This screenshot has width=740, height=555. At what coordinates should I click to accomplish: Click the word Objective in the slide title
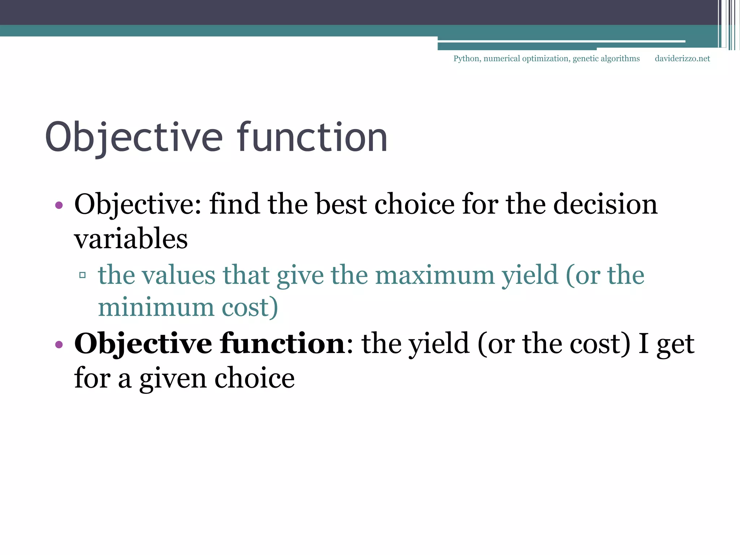click(x=134, y=138)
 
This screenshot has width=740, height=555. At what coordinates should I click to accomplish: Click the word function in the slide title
click(x=313, y=138)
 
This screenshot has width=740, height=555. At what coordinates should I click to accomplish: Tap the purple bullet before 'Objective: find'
click(x=59, y=206)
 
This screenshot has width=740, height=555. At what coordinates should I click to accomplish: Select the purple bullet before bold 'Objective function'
click(x=59, y=344)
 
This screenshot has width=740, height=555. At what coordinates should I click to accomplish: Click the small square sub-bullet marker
click(x=82, y=275)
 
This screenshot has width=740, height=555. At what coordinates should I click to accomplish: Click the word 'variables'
click(x=131, y=239)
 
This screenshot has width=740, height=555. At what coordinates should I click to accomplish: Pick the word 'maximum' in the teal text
click(x=435, y=275)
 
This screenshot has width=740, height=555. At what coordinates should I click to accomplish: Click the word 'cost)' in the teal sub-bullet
click(x=250, y=307)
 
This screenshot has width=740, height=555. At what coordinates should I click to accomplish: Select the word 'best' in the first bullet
click(x=341, y=204)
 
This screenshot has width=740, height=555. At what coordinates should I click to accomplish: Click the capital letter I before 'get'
click(x=643, y=344)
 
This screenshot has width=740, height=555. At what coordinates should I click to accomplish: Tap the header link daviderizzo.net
click(x=682, y=59)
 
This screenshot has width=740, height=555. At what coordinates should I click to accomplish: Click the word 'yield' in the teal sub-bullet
click(x=530, y=275)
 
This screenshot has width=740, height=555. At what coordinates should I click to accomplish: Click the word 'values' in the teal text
click(x=178, y=275)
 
